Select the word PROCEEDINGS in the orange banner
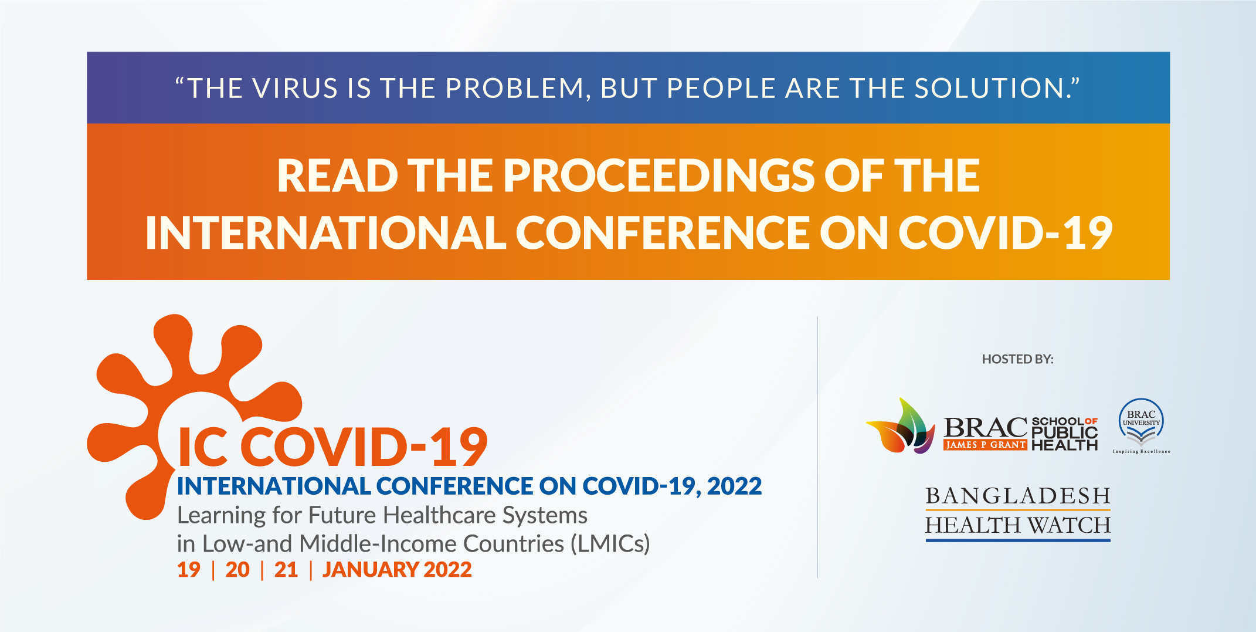(x=659, y=175)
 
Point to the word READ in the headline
(x=338, y=175)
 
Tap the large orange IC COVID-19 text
(x=332, y=447)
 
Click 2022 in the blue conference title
(x=734, y=486)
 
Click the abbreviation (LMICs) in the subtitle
(x=610, y=544)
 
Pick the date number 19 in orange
(x=189, y=570)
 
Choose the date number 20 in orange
(x=237, y=570)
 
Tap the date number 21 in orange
(x=286, y=570)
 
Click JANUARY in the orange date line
(x=370, y=570)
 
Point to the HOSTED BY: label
(x=1018, y=359)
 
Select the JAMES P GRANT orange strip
(x=985, y=445)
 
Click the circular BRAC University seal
(x=1141, y=421)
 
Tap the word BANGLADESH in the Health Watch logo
(x=1018, y=496)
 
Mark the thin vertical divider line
(x=817, y=447)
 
